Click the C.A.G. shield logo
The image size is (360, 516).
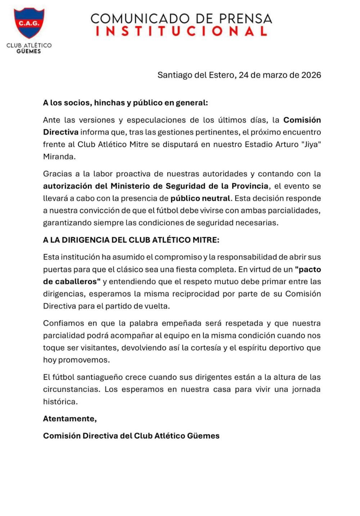point(29,23)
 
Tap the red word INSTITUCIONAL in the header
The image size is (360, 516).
point(181,31)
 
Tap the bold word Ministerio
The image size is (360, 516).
point(134,186)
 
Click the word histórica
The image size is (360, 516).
point(60,402)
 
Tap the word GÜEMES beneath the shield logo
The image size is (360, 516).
point(29,51)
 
